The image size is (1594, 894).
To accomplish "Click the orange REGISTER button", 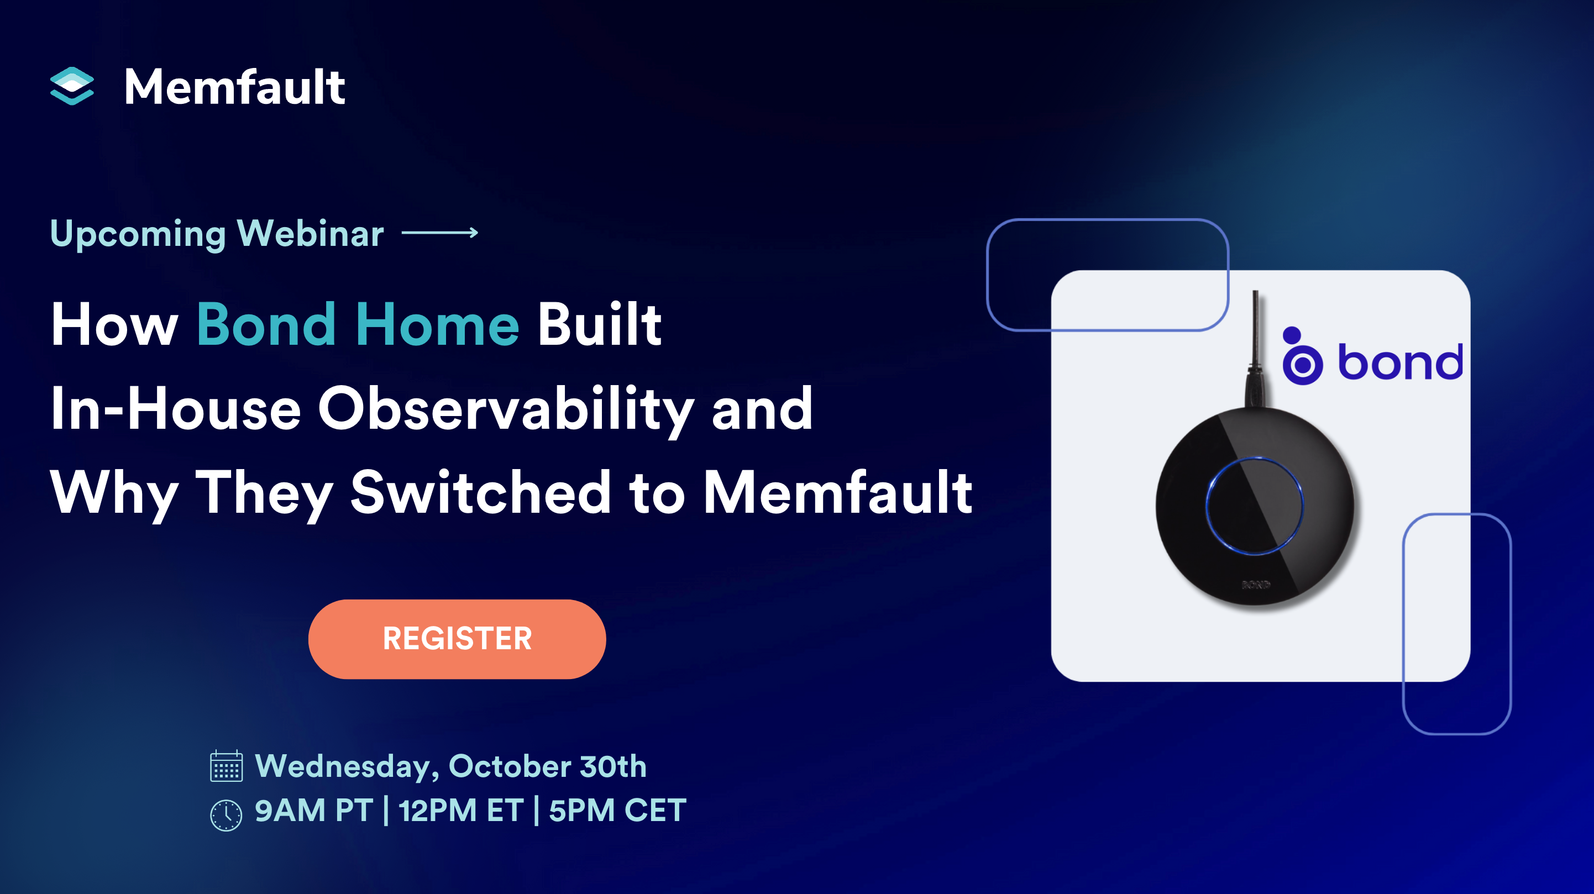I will (457, 639).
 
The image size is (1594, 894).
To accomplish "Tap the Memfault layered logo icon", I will (72, 86).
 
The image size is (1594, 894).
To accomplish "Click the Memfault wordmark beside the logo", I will (234, 87).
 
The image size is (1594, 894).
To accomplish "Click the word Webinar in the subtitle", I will (310, 234).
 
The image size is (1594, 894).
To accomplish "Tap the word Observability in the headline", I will (506, 409).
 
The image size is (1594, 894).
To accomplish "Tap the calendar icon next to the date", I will (226, 766).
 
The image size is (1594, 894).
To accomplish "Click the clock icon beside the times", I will (226, 815).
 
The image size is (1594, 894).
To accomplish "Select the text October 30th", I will (547, 766).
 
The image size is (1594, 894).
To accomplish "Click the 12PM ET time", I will (460, 811).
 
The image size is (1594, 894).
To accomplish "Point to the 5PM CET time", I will (617, 811).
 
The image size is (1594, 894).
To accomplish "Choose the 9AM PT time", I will (314, 811).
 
